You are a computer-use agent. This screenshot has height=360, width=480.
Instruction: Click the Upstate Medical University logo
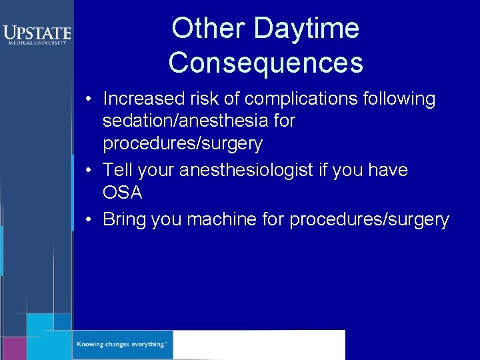[36, 34]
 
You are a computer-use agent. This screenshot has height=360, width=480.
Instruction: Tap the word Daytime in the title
[307, 29]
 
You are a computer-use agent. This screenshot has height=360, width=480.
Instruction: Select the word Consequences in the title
[266, 63]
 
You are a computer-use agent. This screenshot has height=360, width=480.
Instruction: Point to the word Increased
[143, 99]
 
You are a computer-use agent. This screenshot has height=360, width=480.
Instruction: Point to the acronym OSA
[123, 193]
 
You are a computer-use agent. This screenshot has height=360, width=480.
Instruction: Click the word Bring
[125, 220]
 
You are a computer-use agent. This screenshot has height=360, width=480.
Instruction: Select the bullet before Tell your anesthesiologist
[89, 171]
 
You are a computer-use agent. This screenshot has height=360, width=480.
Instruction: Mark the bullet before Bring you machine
[89, 221]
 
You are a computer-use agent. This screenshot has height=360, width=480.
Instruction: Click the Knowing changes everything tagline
[121, 345]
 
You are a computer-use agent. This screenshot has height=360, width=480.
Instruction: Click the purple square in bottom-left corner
[13, 348]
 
